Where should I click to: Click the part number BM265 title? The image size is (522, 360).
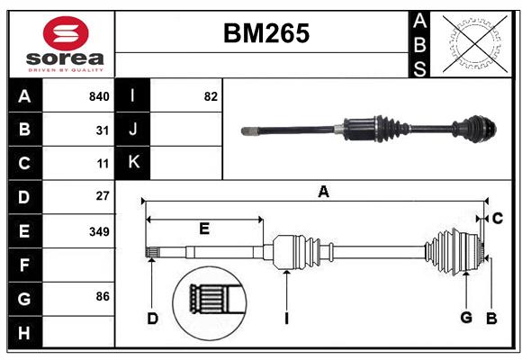(x=265, y=33)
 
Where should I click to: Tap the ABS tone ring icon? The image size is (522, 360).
(x=476, y=43)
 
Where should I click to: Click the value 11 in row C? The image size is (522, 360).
(x=103, y=164)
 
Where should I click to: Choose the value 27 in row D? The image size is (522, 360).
(x=103, y=195)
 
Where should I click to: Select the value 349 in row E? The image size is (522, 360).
(x=99, y=231)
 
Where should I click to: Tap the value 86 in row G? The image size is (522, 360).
(x=103, y=296)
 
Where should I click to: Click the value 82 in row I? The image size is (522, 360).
(x=211, y=96)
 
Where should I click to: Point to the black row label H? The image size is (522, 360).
(x=24, y=332)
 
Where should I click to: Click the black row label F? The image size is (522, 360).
(x=24, y=265)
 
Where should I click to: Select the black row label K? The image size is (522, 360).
(x=133, y=163)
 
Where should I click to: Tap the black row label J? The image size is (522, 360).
(x=133, y=130)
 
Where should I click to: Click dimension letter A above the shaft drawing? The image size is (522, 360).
(x=323, y=191)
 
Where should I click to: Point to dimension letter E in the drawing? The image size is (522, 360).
(x=204, y=229)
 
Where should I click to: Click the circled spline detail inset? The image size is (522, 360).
(x=211, y=300)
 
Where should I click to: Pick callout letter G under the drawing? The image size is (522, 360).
(x=466, y=317)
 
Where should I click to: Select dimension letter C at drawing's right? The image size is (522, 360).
(x=497, y=218)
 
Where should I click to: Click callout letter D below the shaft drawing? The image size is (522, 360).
(x=153, y=318)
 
